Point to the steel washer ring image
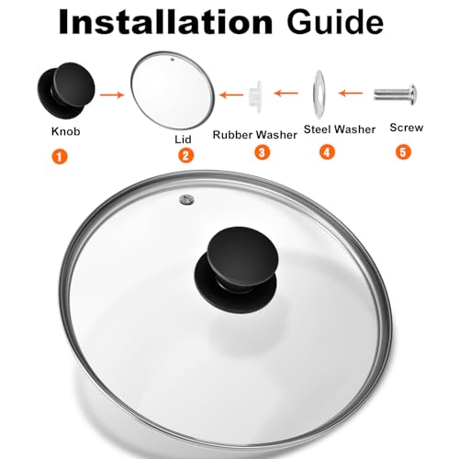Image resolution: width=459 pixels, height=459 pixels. (x=316, y=93)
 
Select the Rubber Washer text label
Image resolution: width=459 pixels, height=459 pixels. (x=254, y=134)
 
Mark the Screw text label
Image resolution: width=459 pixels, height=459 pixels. (x=407, y=128)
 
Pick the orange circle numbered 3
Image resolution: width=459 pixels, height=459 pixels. (x=263, y=152)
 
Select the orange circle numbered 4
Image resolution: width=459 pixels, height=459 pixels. (x=327, y=152)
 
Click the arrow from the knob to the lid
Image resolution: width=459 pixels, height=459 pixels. (x=114, y=93)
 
